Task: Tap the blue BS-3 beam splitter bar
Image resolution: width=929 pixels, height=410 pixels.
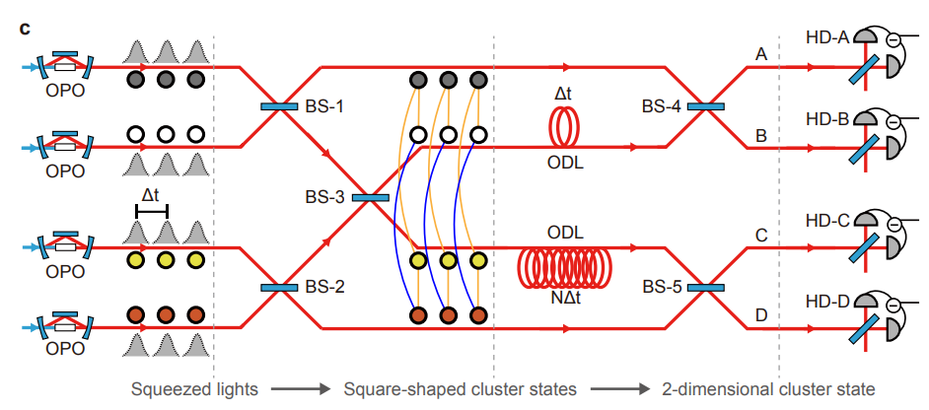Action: tap(372, 197)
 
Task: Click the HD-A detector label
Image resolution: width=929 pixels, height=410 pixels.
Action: tap(826, 37)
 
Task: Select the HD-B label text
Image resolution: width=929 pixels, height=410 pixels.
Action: tap(826, 119)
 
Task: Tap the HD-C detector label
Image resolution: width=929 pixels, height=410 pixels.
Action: tap(826, 220)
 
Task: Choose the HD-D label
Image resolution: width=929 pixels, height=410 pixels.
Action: tap(826, 301)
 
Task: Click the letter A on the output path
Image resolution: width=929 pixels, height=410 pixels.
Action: tap(760, 55)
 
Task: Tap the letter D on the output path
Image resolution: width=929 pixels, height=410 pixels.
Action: tap(760, 315)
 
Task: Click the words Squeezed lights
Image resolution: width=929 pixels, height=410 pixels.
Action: tap(195, 388)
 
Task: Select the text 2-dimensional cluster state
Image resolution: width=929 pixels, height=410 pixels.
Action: tap(768, 388)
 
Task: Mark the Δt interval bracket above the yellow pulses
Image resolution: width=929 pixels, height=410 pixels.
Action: tap(152, 210)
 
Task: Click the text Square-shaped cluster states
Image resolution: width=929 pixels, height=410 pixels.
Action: tap(463, 388)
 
